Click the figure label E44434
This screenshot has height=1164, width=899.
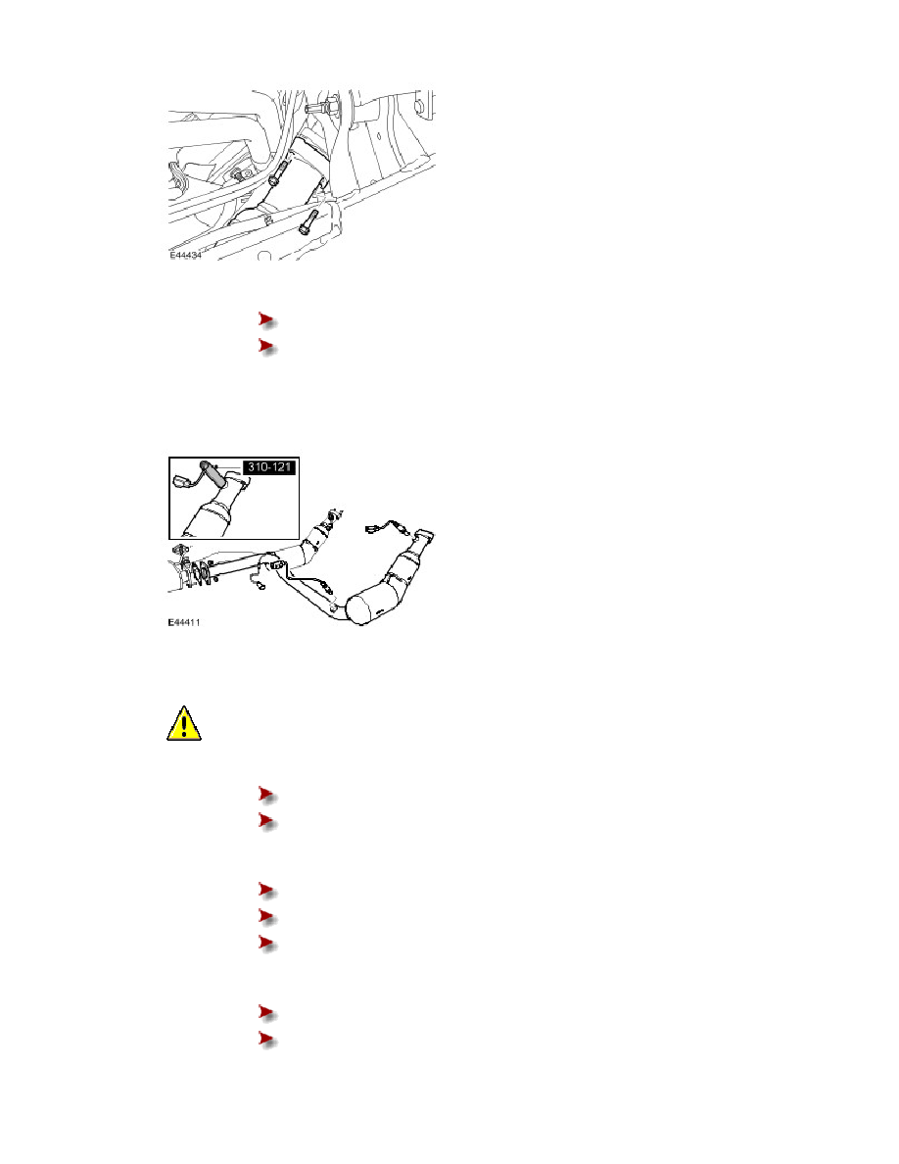tap(185, 255)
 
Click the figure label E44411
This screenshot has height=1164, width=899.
tap(184, 622)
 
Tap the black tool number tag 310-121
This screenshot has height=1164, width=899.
tap(269, 467)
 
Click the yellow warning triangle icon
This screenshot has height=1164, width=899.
tap(184, 724)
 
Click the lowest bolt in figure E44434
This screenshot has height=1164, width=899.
tap(308, 221)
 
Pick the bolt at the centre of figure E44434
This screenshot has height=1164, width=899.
tap(277, 173)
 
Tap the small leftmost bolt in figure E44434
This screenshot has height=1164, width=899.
tap(238, 175)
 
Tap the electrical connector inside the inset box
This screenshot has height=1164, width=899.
tap(181, 480)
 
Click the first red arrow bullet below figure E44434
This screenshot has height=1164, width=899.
tap(267, 320)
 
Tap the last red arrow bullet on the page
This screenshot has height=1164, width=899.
tap(267, 1040)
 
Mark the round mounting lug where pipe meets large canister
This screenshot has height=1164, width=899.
tap(335, 608)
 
